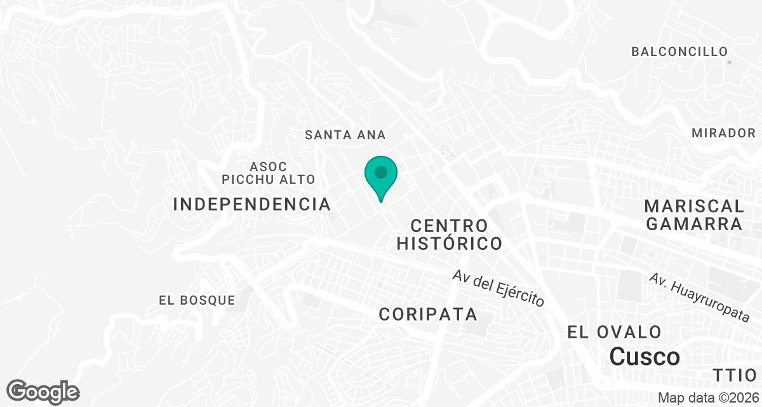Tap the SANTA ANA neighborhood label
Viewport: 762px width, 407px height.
[345, 135]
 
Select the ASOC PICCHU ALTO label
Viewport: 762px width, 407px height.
[269, 172]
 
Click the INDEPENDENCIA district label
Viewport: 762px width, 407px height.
[252, 204]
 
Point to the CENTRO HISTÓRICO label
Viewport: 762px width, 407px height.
[450, 234]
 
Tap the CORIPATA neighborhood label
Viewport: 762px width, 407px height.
[428, 314]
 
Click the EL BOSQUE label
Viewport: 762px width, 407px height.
[197, 300]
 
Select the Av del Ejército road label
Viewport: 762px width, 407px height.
[498, 289]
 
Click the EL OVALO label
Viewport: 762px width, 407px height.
[614, 332]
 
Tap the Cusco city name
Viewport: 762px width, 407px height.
[645, 356]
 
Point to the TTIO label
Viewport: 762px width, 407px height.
[735, 375]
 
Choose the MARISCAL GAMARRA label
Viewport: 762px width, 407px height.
[693, 215]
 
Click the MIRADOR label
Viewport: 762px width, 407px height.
[724, 133]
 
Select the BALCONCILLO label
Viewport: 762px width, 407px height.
[679, 52]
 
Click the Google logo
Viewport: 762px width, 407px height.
[43, 392]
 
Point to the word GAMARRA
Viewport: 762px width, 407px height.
[693, 224]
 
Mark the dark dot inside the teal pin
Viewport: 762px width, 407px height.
[381, 172]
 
